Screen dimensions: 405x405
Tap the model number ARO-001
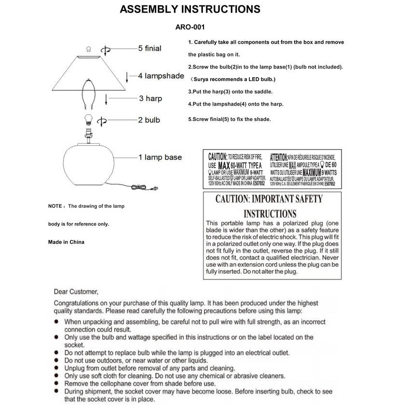point(194,27)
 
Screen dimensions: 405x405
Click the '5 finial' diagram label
point(149,49)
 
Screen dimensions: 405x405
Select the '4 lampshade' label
point(161,76)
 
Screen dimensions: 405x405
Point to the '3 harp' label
point(150,98)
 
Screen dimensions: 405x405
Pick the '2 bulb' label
point(149,120)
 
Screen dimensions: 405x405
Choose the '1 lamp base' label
point(160,157)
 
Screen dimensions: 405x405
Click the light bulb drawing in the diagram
point(88,119)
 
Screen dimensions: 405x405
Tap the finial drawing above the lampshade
point(88,49)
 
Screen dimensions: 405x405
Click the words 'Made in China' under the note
point(66,242)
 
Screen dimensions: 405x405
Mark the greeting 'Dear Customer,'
point(76,292)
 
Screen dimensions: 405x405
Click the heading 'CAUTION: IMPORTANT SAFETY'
point(269,199)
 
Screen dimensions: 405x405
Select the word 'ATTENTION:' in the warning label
point(279,157)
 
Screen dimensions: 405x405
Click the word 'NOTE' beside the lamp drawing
point(54,206)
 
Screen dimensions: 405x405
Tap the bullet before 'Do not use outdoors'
point(57,360)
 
